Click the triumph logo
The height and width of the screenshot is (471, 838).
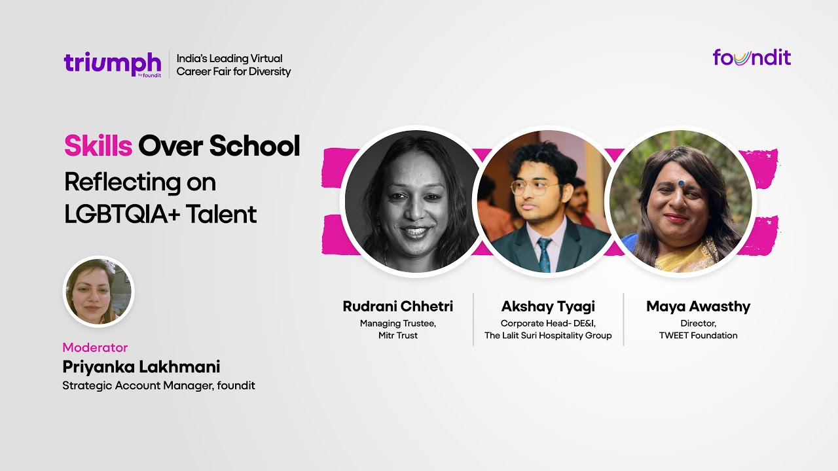(112, 63)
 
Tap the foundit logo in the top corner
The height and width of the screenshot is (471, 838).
(752, 58)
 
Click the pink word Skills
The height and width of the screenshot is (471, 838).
(98, 147)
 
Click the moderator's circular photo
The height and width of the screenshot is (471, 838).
(98, 292)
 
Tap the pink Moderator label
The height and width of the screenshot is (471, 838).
(95, 347)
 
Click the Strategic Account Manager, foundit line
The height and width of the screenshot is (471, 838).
(158, 385)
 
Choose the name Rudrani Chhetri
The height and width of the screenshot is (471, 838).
(397, 306)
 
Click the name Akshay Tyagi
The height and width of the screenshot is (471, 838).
(547, 306)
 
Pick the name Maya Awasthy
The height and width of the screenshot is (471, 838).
(698, 306)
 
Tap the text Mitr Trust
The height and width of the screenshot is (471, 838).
(397, 336)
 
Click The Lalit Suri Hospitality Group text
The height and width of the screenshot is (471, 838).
(548, 336)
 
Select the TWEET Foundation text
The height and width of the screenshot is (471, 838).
(698, 336)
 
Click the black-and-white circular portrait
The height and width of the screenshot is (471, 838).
(413, 200)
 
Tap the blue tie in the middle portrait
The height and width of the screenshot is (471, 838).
(544, 254)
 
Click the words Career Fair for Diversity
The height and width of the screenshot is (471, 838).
(234, 71)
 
